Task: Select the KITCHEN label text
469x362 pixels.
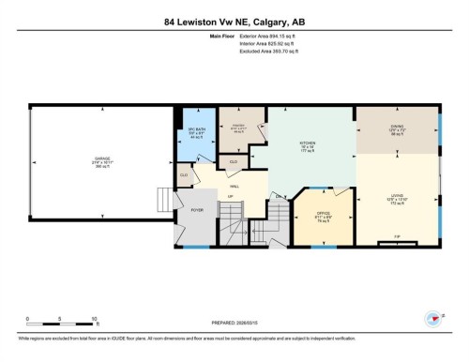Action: [310, 143]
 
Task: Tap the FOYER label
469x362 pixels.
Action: [197, 211]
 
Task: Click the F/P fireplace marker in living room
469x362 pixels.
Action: [397, 234]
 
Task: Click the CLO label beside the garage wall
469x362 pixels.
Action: [184, 173]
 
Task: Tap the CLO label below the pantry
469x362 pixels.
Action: [233, 162]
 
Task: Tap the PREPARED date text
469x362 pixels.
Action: [234, 322]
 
